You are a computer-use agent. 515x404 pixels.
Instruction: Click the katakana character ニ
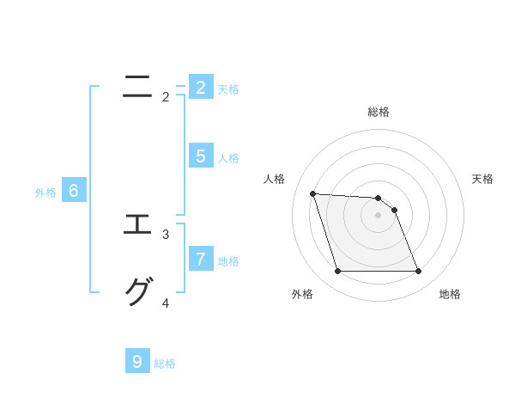[x=137, y=87]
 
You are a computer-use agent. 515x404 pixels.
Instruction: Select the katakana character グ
[x=137, y=292]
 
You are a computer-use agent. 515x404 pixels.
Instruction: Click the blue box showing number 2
[x=200, y=88]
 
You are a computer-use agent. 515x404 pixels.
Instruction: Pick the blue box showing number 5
[x=200, y=156]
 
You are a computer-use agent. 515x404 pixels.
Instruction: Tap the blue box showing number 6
[x=74, y=191]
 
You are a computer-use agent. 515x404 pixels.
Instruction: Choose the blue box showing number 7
[x=200, y=258]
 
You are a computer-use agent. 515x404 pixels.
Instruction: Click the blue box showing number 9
[x=137, y=361]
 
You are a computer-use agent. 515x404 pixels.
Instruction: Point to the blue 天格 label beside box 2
[x=228, y=89]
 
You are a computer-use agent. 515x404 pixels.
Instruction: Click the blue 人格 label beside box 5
[x=228, y=158]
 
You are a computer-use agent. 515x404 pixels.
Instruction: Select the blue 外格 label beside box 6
[x=45, y=193]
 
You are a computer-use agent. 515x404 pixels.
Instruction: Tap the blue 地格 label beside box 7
[x=228, y=260]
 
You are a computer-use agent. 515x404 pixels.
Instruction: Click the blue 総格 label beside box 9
[x=165, y=364]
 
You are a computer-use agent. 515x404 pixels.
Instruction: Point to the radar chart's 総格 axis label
[x=379, y=112]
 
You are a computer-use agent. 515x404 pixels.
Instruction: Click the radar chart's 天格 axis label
[x=483, y=179]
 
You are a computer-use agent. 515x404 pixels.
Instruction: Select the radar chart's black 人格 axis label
[x=274, y=179]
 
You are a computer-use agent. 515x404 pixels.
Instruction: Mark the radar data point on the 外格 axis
[x=337, y=272]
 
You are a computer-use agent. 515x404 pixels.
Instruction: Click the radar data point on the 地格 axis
[x=419, y=272]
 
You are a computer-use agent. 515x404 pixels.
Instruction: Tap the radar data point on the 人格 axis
[x=312, y=193]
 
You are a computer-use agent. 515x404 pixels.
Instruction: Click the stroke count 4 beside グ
[x=166, y=303]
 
